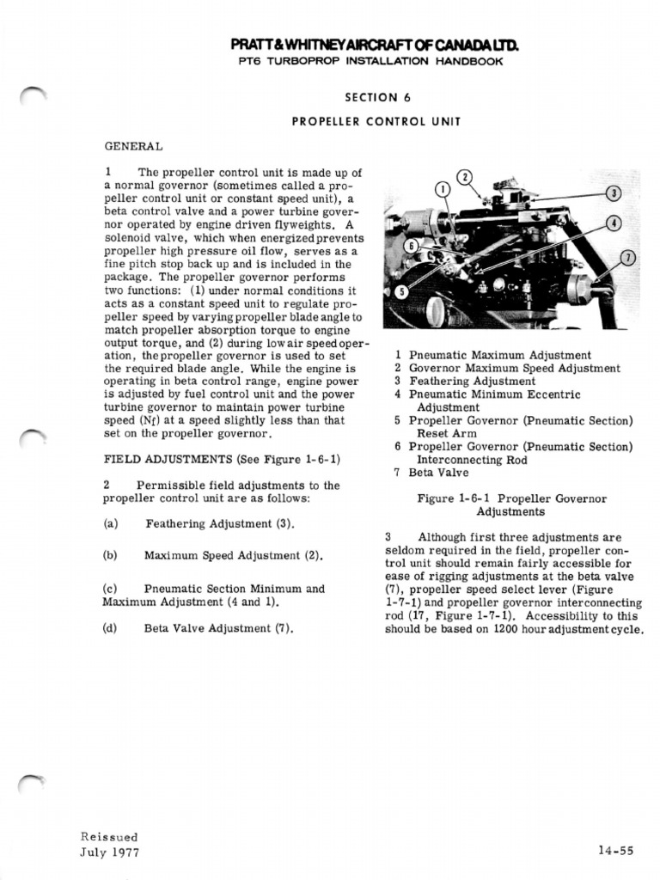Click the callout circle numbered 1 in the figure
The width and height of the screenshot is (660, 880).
point(443,190)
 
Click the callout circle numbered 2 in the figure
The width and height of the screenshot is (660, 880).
point(465,177)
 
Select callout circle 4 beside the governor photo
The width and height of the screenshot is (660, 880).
point(613,223)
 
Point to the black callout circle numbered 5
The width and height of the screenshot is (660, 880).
point(399,292)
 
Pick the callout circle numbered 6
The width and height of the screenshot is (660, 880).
point(412,246)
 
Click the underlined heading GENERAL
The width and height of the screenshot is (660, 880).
point(134,146)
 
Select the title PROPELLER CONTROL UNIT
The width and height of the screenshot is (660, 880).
point(376,121)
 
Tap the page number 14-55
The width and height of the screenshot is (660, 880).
point(616,851)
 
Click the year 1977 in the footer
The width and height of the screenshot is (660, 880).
point(123,852)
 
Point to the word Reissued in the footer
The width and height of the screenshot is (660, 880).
point(109,836)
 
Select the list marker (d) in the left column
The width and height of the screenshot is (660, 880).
point(109,628)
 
